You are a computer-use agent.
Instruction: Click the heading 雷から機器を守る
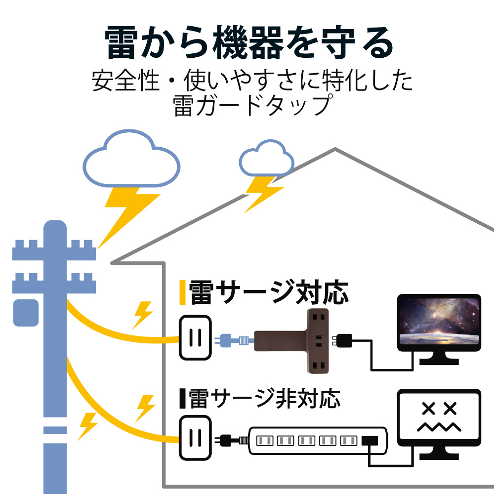point(249,43)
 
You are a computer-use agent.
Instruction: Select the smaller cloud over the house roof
point(266,158)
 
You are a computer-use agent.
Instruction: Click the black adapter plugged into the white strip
point(370,440)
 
